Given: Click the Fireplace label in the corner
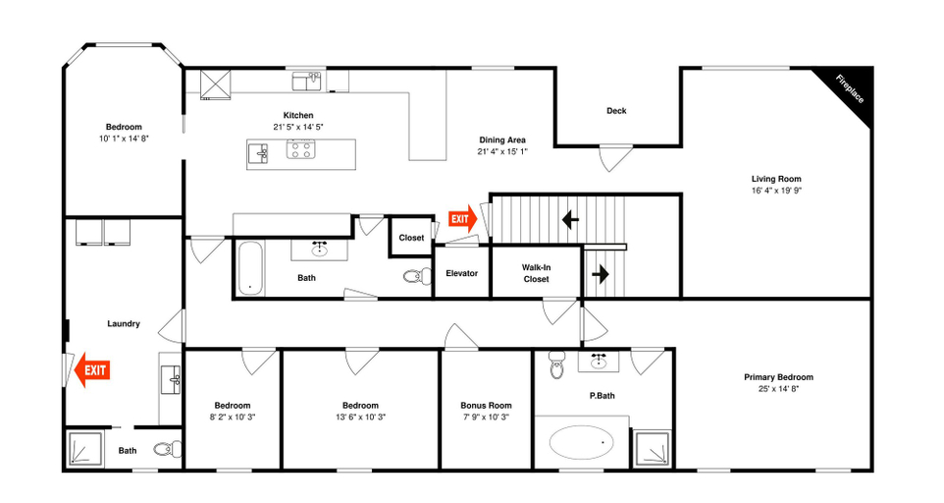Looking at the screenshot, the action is point(850,89).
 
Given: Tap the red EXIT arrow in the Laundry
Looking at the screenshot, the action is point(92,369).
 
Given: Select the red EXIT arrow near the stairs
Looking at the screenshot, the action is point(462,219).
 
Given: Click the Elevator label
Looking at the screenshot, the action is point(462,273).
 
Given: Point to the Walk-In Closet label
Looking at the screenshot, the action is point(536,273).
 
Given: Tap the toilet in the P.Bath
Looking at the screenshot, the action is point(557,365).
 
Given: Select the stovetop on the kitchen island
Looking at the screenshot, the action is point(300,148).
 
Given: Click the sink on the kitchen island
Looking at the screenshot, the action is point(258,153).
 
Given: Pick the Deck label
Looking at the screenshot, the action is point(616,111).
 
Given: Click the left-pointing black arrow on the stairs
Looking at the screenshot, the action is point(570,219).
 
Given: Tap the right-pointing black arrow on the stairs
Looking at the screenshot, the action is point(601,275).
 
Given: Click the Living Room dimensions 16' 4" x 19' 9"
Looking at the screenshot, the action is point(776,191).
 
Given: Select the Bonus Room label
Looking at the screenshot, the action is point(486,406).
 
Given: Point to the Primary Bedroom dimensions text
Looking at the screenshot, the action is point(778,389).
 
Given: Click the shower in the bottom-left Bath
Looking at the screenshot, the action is point(83,448).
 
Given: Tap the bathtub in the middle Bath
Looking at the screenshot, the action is point(250,268).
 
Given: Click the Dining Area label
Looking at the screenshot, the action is point(502,140).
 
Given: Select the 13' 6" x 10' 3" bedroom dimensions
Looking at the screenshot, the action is point(360,417).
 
